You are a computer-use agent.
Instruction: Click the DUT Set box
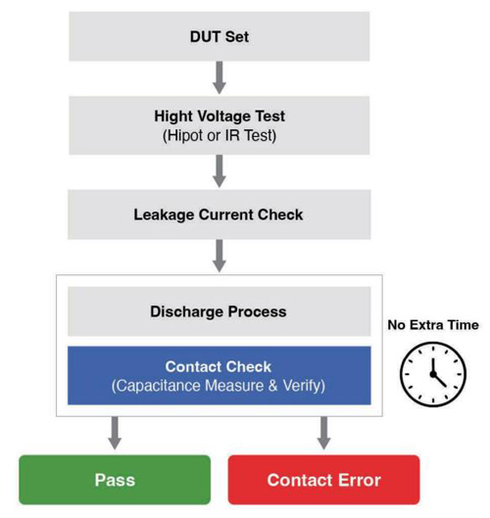[220, 36]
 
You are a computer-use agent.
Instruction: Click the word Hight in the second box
[173, 117]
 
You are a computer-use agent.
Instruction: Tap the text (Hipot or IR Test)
[220, 135]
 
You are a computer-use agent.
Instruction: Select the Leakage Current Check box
[220, 214]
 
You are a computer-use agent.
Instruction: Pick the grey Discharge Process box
[220, 311]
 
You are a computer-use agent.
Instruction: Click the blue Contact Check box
[220, 375]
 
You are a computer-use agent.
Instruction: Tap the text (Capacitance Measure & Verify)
[219, 386]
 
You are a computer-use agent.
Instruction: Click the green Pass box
[115, 480]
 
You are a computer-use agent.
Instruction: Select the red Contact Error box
[324, 480]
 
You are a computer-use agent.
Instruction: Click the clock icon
[433, 374]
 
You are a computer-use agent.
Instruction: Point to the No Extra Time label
[433, 325]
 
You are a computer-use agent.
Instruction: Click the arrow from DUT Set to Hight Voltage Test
[220, 77]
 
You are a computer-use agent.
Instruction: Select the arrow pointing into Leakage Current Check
[220, 171]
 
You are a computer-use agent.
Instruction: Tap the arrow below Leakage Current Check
[220, 256]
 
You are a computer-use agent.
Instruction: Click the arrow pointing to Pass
[115, 433]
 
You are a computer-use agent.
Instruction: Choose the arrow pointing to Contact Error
[324, 433]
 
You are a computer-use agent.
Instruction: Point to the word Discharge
[187, 312]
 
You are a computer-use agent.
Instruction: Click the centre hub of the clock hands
[433, 374]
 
